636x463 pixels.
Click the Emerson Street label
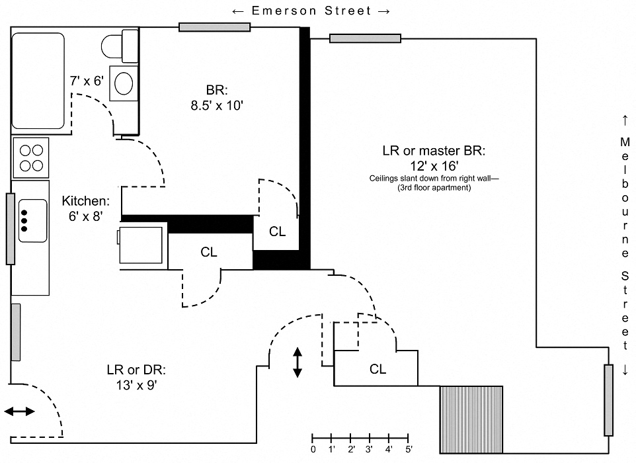point(311,11)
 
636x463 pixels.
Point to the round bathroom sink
point(124,83)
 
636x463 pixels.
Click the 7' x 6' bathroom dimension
point(87,81)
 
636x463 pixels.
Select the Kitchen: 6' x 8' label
point(85,208)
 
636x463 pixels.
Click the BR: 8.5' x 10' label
point(217,97)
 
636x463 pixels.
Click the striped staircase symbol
point(471,410)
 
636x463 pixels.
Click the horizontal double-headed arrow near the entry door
point(20,411)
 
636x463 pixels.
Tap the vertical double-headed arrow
point(298,362)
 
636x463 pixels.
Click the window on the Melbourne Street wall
point(608,400)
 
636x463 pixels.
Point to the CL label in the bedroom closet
point(278,232)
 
